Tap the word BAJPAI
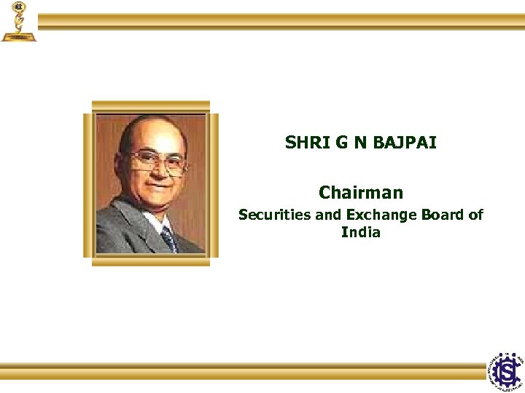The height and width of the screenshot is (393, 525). coord(405,143)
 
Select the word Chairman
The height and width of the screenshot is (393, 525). coord(360,193)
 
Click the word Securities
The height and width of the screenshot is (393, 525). coord(271,215)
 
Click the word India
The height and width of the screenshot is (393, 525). coord(360,233)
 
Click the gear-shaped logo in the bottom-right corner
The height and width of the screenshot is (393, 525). coord(506,372)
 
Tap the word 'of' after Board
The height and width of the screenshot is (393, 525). coord(476,215)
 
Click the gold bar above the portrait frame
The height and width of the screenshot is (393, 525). coord(151,106)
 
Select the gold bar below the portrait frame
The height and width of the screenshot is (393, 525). coord(151,261)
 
